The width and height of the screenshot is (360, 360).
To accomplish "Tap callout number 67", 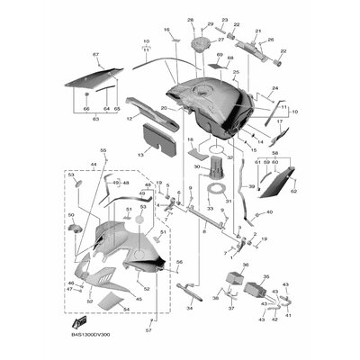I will pyautogui.click(x=95, y=56).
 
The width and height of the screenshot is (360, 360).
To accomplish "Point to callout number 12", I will pyautogui.click(x=130, y=117).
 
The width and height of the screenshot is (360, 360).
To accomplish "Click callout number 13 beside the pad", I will pyautogui.click(x=140, y=155).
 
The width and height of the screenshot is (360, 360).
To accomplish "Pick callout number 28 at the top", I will pyautogui.click(x=190, y=20).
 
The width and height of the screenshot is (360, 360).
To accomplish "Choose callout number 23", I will pyautogui.click(x=224, y=20).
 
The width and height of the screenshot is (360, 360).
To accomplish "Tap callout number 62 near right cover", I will pyautogui.click(x=292, y=191).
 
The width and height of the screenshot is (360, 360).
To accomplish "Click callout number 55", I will pyautogui.click(x=103, y=150).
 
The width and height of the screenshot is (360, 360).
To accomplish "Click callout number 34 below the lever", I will pyautogui.click(x=189, y=308).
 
